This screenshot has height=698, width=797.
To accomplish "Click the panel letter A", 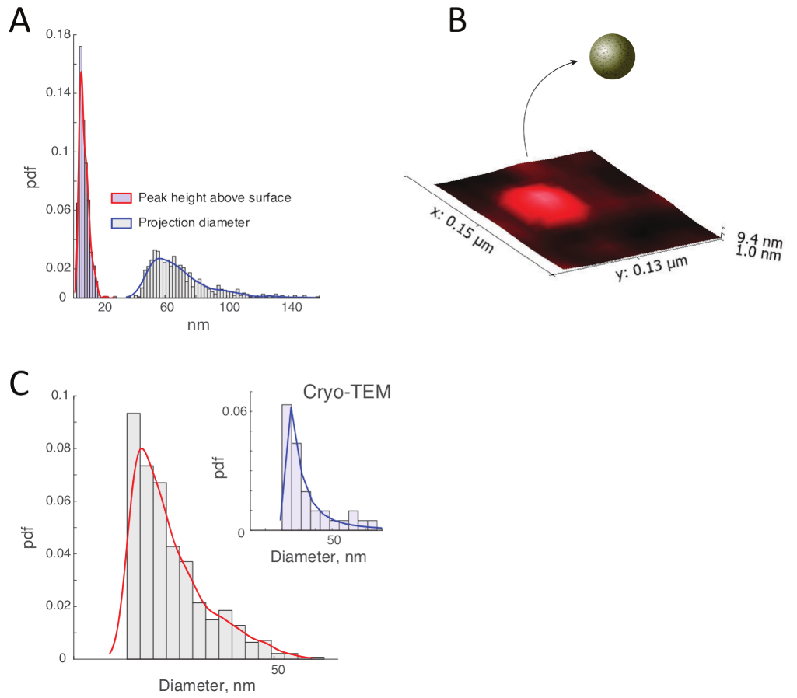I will point(19,20).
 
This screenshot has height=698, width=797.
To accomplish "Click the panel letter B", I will point(458,20).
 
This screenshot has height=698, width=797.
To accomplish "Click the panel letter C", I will point(19,383).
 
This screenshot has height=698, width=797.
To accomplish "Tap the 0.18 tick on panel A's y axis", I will point(58,34).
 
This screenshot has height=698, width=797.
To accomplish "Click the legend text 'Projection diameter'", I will point(193,222).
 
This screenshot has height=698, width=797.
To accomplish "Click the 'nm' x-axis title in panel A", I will point(198,326).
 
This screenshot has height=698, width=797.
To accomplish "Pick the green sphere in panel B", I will point(613,56).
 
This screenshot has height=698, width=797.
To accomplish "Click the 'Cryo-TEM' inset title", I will point(346,393).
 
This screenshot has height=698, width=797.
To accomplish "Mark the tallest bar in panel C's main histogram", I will point(134,536).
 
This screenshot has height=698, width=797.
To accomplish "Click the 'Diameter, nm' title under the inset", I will point(317,557).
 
